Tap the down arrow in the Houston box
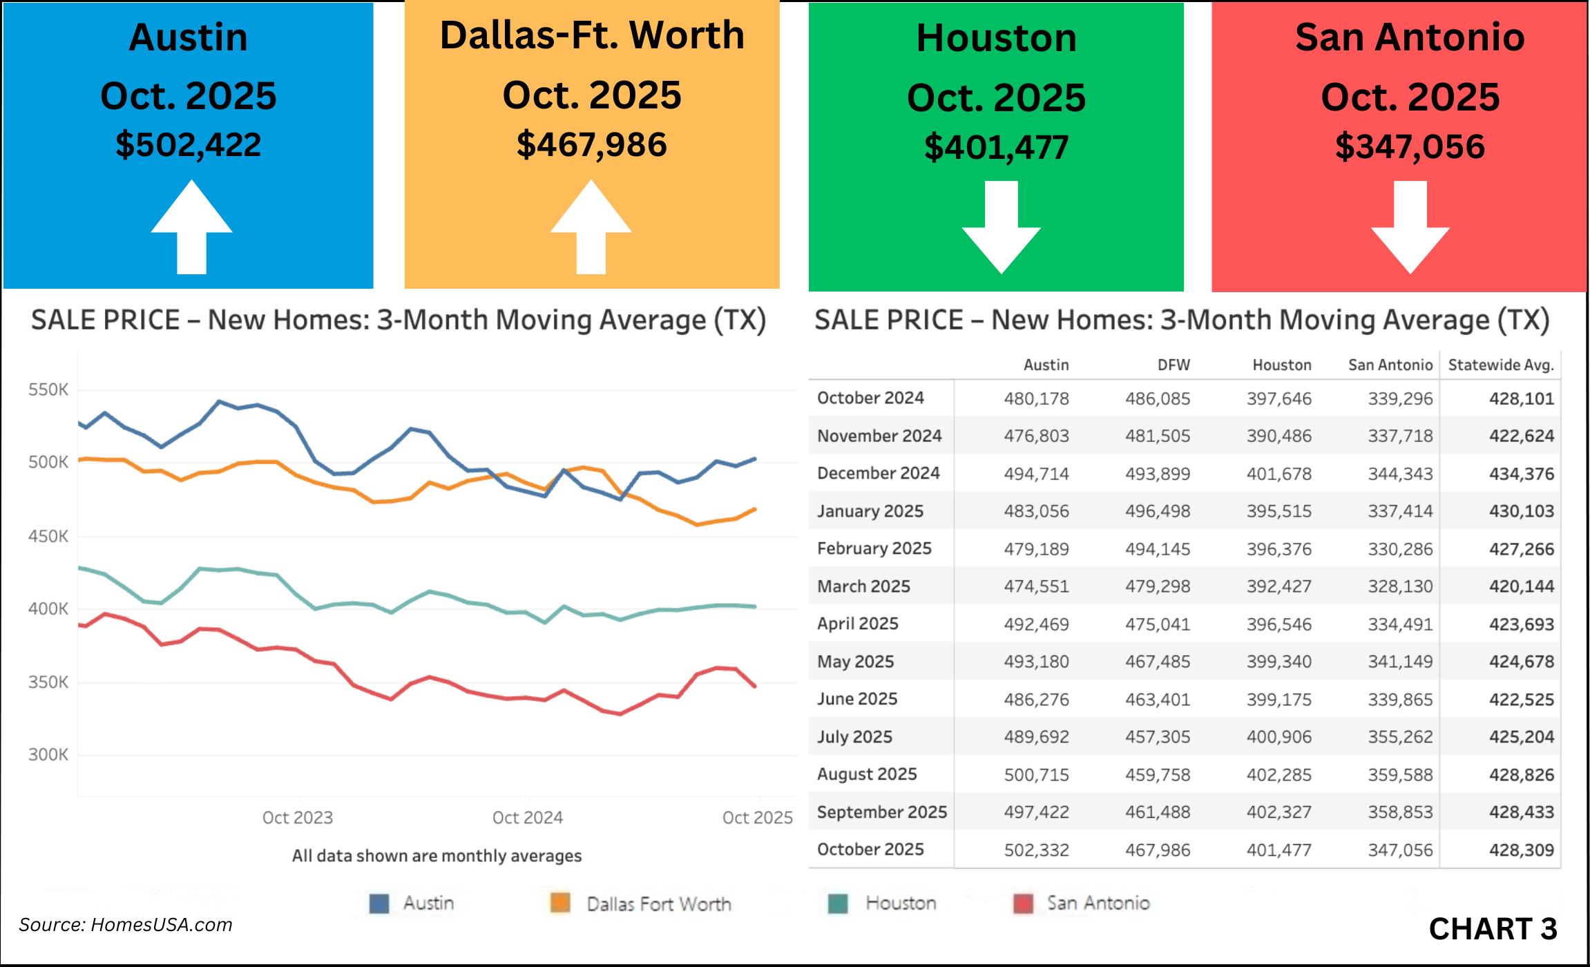[x=1001, y=228]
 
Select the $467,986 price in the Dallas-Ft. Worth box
[x=592, y=144]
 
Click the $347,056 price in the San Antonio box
[x=1410, y=146]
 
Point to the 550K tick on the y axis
[x=48, y=390]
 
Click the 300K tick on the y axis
[x=48, y=754]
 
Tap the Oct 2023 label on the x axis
[x=298, y=818]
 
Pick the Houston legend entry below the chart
[x=900, y=903]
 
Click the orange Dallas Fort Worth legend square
[x=560, y=903]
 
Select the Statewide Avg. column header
[x=1500, y=365]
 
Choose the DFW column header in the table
[x=1174, y=365]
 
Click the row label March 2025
[x=863, y=586]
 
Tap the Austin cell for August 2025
[x=1036, y=775]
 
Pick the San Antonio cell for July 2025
[x=1400, y=737]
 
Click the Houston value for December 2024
[x=1278, y=474]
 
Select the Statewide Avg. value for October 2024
[x=1521, y=399]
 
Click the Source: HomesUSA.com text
[x=126, y=925]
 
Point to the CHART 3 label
[x=1493, y=929]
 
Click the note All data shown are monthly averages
[x=437, y=856]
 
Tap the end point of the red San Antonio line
[x=755, y=686]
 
